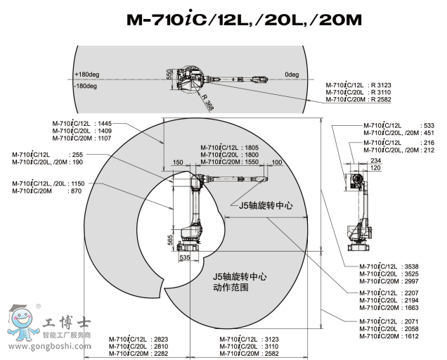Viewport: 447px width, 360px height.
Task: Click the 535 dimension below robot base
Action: click(x=184, y=259)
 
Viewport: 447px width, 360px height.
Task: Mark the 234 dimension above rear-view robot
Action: click(x=356, y=161)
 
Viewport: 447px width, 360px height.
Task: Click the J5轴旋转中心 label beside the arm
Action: click(x=265, y=205)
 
